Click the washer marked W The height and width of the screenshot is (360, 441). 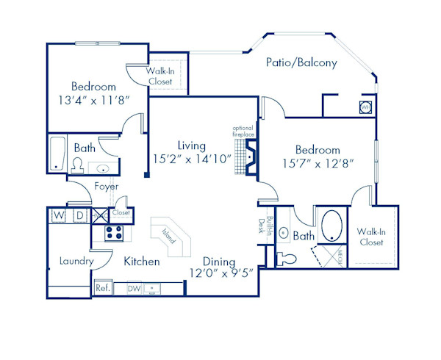59,215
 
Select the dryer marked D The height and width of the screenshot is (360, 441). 79,215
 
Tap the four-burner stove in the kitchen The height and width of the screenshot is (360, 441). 114,233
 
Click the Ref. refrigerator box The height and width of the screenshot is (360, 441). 102,288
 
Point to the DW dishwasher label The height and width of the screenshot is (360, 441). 135,289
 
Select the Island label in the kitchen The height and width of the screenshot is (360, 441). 170,235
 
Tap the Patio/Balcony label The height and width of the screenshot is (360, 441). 301,63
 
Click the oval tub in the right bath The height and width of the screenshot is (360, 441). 331,226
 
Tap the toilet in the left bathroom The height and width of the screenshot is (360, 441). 77,166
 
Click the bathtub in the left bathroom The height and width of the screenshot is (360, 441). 57,153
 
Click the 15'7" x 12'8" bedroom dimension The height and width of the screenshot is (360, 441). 318,163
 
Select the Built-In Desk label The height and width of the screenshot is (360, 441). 265,227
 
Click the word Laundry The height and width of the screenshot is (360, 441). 76,261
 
